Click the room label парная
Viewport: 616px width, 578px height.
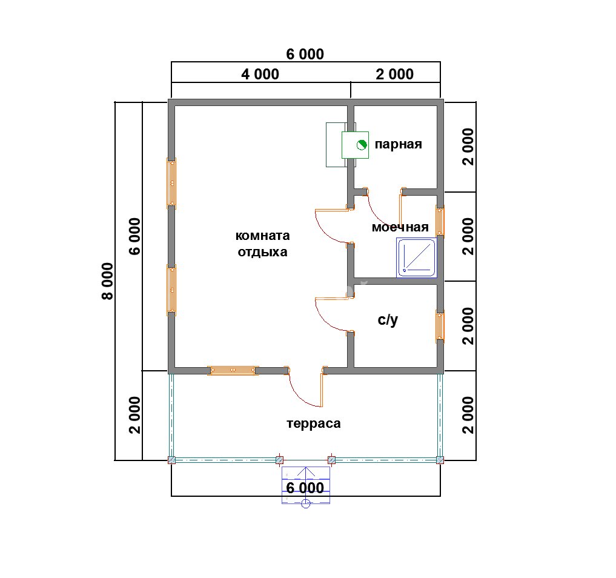click(x=398, y=145)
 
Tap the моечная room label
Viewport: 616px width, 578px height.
click(x=400, y=227)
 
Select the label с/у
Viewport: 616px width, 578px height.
click(x=388, y=320)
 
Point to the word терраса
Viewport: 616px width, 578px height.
click(x=314, y=424)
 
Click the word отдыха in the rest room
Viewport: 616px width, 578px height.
click(x=262, y=252)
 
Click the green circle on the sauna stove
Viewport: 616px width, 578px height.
click(x=362, y=145)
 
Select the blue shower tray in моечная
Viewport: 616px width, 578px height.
click(x=417, y=257)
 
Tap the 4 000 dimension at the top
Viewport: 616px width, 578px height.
click(x=260, y=74)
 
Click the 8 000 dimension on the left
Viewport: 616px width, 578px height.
click(x=107, y=281)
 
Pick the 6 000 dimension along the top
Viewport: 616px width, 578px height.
click(x=305, y=54)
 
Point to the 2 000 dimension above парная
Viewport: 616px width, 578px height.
click(x=394, y=74)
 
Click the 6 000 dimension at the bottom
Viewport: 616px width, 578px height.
click(x=305, y=488)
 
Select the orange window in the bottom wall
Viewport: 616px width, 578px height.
click(x=233, y=371)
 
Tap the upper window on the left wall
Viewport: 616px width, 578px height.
click(x=171, y=184)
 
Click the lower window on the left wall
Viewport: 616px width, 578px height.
click(x=171, y=290)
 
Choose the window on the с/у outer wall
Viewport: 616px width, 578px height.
click(x=440, y=326)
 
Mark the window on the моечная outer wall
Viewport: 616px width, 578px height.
click(x=440, y=222)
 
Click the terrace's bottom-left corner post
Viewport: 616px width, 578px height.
click(x=171, y=460)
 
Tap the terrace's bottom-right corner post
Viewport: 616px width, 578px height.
click(x=440, y=460)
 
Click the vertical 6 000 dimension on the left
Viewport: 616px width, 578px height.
click(x=134, y=236)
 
